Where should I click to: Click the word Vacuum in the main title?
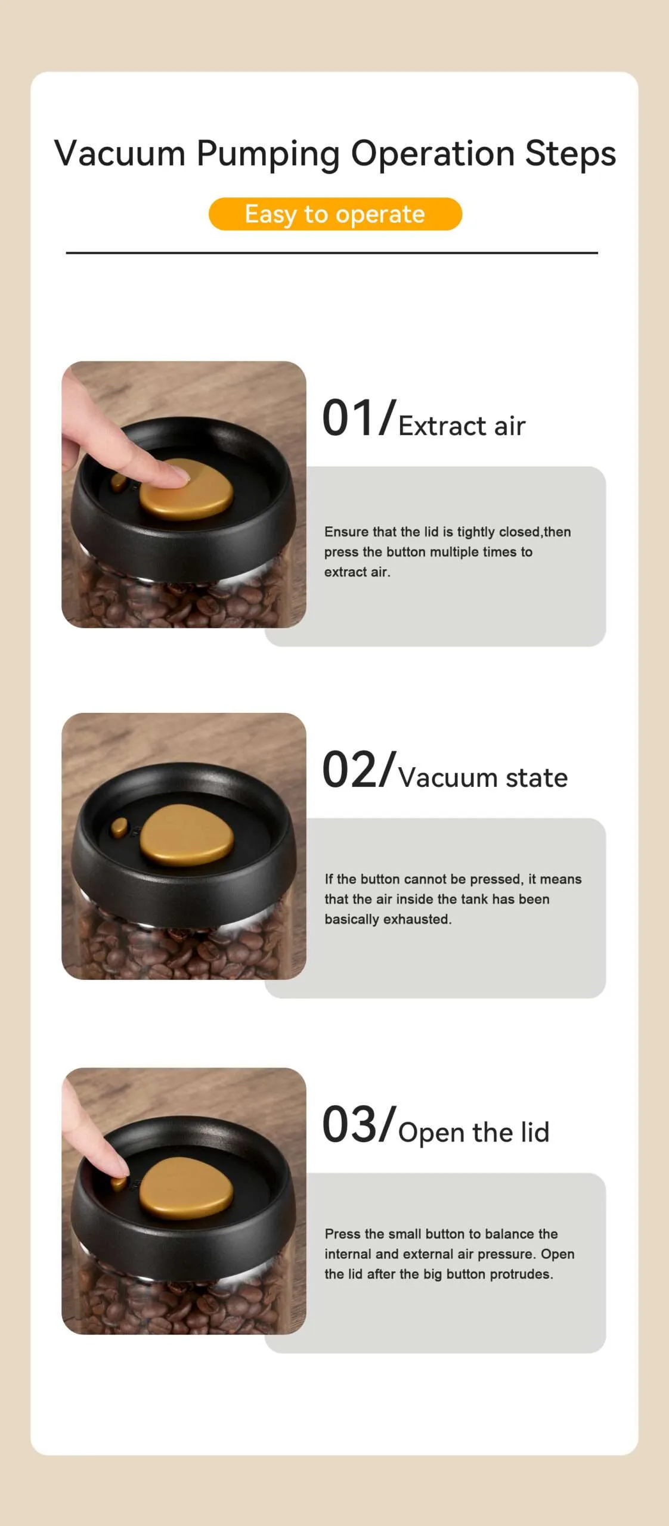pos(120,153)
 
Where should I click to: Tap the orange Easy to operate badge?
pos(335,214)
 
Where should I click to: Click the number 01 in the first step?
pos(350,418)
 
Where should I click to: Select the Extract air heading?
pos(462,426)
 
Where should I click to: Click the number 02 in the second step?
pos(350,770)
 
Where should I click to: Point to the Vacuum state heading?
pos(483,778)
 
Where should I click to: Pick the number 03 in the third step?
pos(350,1124)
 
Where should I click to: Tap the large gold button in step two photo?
pos(187,835)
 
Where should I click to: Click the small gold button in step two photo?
pos(119,827)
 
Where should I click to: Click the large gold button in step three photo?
pos(186,1188)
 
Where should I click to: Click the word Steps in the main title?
pos(570,153)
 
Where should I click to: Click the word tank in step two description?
pos(473,899)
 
